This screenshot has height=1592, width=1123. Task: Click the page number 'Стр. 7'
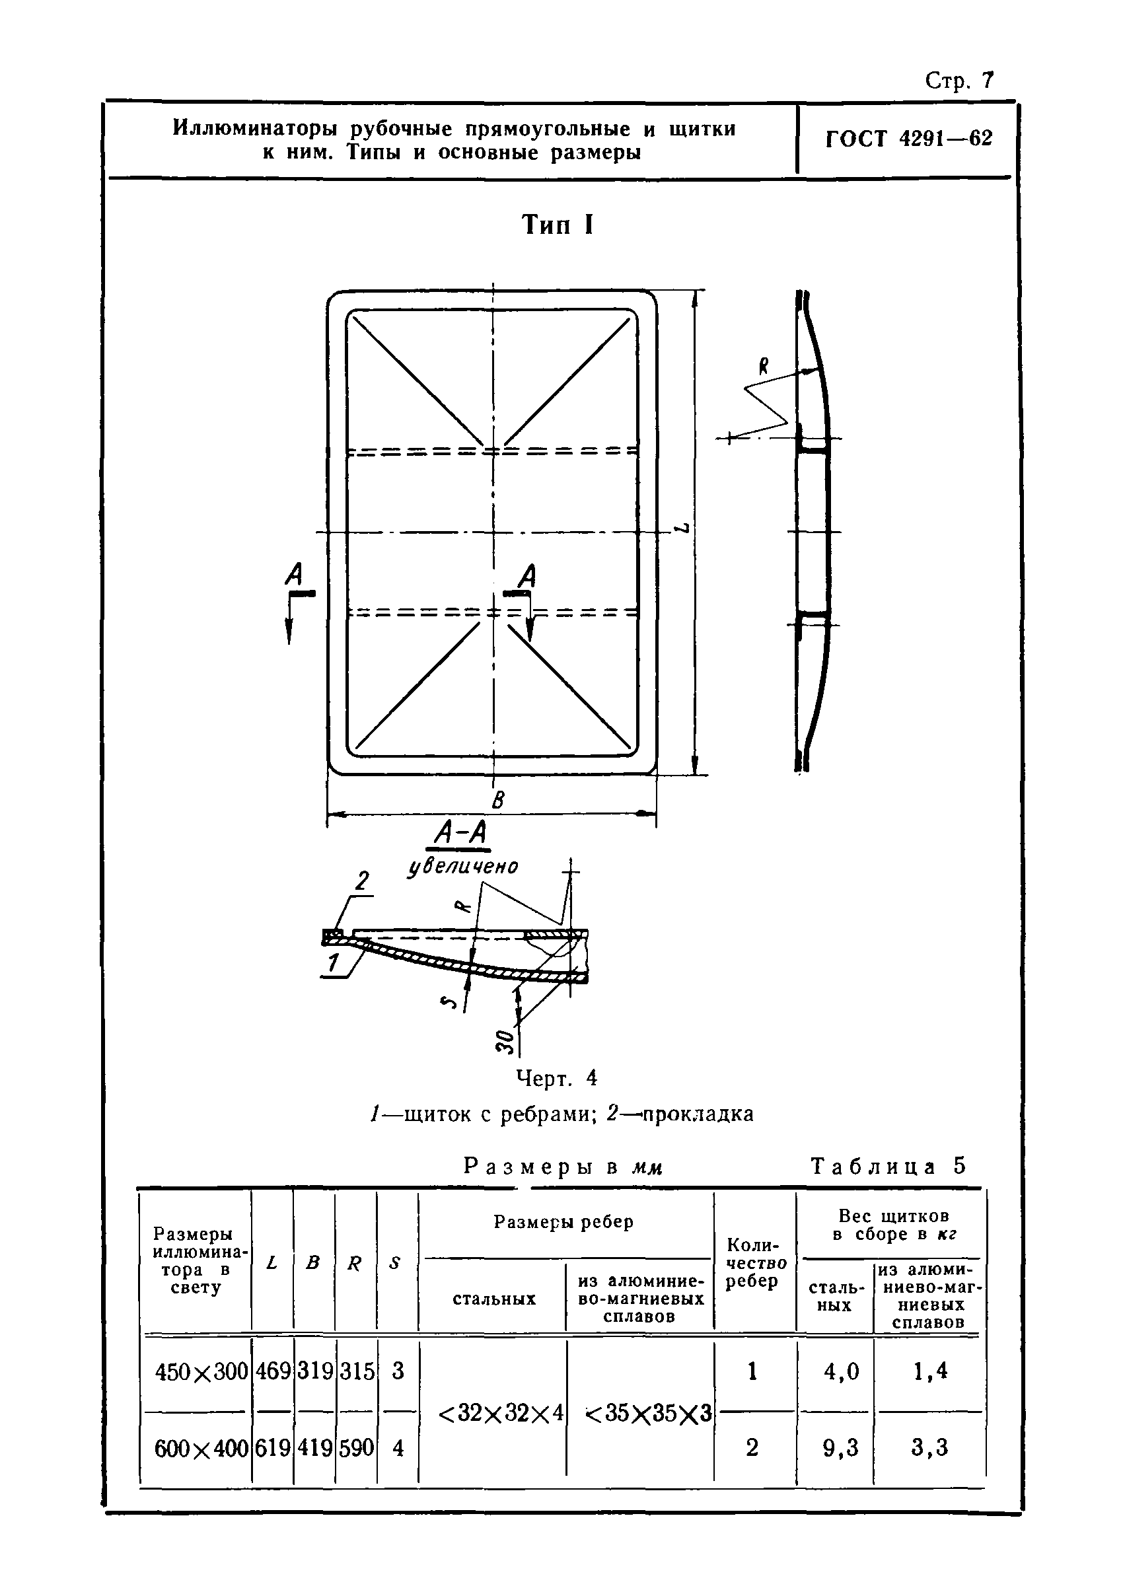tap(959, 81)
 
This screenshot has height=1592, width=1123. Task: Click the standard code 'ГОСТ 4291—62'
tap(909, 139)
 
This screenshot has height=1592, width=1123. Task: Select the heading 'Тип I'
tap(558, 225)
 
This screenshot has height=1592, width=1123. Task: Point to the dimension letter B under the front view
tap(497, 801)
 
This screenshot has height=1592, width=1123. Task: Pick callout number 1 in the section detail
tap(334, 962)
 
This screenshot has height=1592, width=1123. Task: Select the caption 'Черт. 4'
tap(557, 1078)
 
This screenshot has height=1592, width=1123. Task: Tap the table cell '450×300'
tap(201, 1371)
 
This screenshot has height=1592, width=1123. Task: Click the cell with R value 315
tap(356, 1371)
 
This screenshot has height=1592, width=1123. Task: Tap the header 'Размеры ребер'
tap(563, 1221)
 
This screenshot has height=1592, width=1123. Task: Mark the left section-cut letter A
tap(295, 575)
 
